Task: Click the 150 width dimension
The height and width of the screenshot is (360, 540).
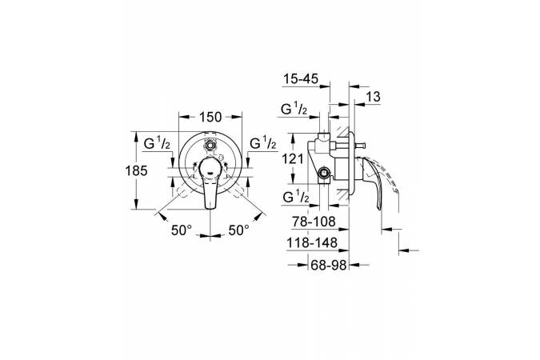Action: click(210, 117)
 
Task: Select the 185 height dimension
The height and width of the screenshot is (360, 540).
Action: click(137, 170)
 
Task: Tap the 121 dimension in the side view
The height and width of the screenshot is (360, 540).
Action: click(292, 159)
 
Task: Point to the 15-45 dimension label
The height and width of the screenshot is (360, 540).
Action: click(301, 79)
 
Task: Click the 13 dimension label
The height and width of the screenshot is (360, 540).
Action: click(373, 97)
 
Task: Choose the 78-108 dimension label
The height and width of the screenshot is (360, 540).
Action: click(314, 222)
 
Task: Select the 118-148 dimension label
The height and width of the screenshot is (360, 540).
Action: click(312, 243)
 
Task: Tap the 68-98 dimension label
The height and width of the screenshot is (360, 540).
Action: click(329, 265)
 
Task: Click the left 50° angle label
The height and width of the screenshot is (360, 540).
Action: click(182, 230)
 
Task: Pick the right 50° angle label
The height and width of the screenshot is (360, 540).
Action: click(239, 230)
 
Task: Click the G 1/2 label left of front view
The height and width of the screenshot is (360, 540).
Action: click(157, 143)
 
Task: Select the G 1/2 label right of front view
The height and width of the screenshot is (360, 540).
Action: click(263, 143)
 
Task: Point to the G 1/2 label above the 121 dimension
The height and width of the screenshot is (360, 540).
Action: click(294, 110)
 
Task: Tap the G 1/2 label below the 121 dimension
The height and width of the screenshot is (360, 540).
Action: click(296, 198)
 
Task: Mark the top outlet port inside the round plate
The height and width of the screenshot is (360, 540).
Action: click(210, 145)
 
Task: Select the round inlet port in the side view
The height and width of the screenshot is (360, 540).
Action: click(324, 173)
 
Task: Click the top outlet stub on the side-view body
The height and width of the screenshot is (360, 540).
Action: click(324, 136)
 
